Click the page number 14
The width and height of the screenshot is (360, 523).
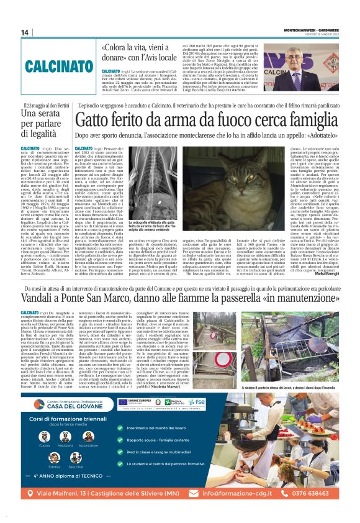click(x=25, y=32)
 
